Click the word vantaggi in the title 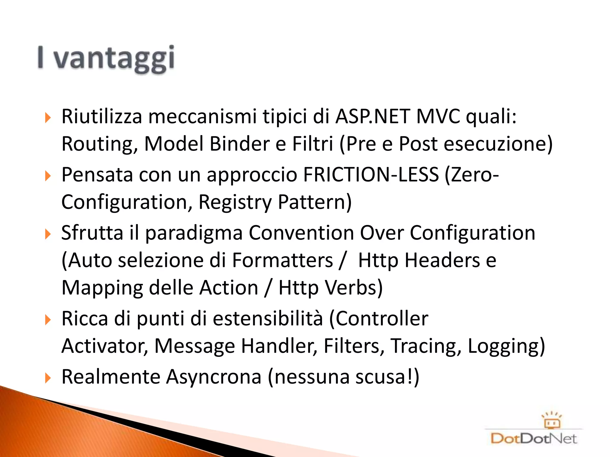pos(114,59)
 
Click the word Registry pos(235,202)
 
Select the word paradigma pos(194,233)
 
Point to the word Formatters pos(282,260)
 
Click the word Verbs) pos(354,288)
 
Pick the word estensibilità pos(268,318)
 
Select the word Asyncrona pos(214,377)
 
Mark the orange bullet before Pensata pos(48,176)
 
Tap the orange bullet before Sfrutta pos(48,234)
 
